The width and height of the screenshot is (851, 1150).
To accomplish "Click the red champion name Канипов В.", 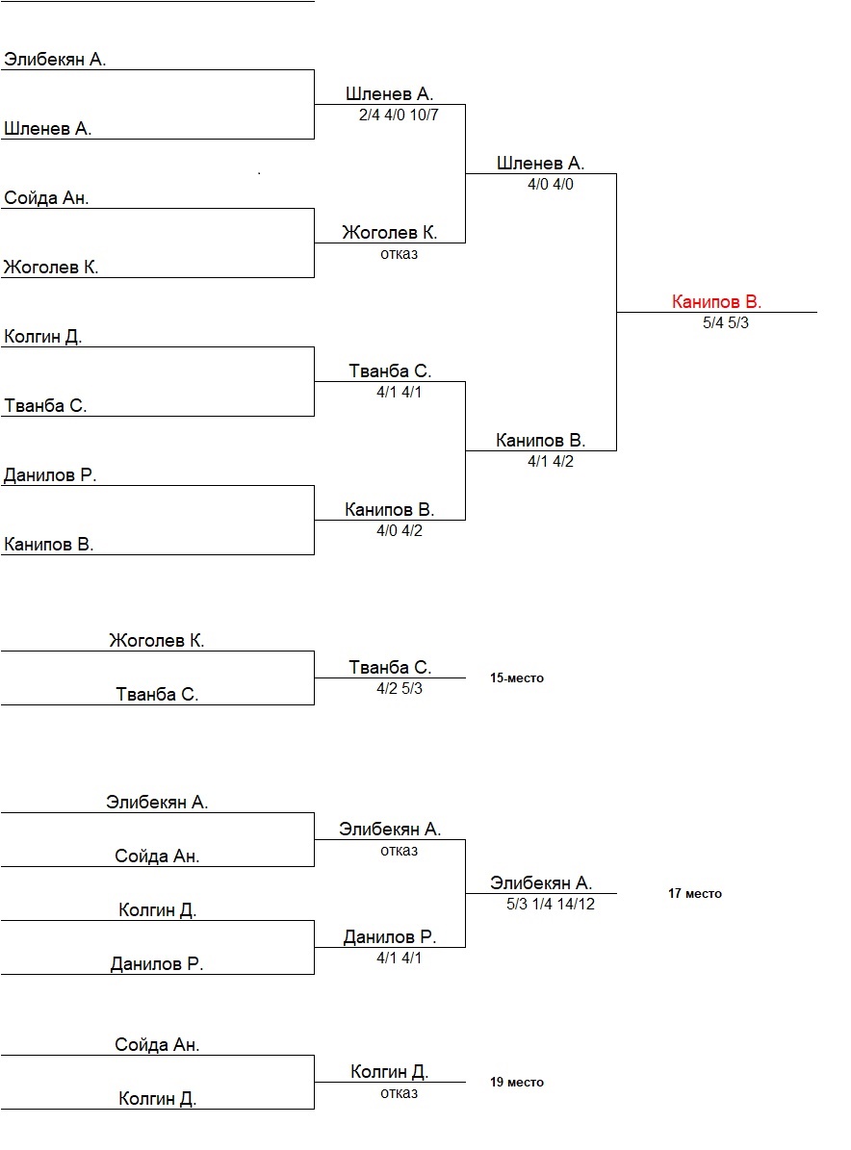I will [716, 302].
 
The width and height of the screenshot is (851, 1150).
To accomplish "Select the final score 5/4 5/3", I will [726, 323].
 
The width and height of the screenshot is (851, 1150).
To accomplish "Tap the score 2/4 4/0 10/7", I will [399, 115].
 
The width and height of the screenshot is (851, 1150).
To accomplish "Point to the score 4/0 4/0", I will [550, 185].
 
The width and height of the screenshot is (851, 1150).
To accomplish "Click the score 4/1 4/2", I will [550, 462].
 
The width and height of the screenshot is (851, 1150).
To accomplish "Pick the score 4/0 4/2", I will [400, 531].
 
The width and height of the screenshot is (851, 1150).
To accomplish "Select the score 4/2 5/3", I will [400, 688].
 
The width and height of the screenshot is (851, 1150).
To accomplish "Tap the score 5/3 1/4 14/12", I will [551, 904].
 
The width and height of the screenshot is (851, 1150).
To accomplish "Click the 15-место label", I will [517, 678].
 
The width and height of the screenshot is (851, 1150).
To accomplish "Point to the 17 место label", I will [695, 894].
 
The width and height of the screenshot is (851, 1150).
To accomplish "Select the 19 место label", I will [517, 1083].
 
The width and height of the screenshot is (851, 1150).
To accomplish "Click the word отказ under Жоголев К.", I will [400, 254].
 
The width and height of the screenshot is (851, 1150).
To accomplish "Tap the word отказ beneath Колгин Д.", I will [400, 1093].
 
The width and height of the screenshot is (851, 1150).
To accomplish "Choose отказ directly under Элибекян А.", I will [400, 851].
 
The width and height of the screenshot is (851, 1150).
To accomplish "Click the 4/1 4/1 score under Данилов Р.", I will [400, 958].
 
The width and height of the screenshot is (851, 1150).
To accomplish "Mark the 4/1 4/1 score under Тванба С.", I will [400, 393].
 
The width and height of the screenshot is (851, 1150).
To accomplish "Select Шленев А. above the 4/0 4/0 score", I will [541, 164].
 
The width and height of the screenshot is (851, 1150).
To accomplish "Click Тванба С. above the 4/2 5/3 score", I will [390, 667].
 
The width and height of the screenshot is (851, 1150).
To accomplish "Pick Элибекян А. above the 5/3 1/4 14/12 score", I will [541, 882].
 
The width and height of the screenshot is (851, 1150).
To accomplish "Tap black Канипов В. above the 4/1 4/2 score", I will [541, 441].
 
